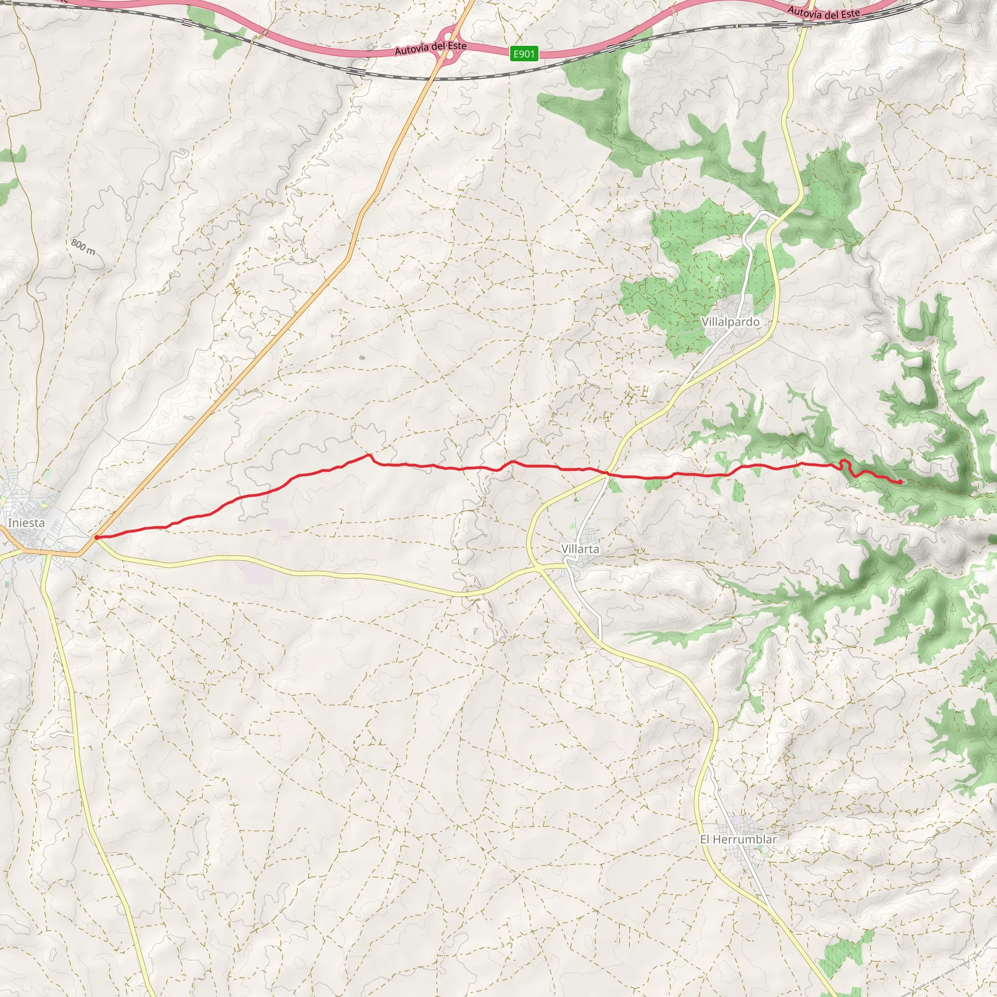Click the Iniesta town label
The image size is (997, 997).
pyautogui.click(x=26, y=523)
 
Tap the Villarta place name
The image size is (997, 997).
pyautogui.click(x=580, y=549)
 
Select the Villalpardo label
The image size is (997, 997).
pyautogui.click(x=730, y=322)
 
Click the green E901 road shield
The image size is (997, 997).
pyautogui.click(x=524, y=54)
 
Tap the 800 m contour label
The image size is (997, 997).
pyautogui.click(x=83, y=247)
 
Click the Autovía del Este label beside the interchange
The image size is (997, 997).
pyautogui.click(x=430, y=48)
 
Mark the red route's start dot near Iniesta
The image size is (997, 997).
pyautogui.click(x=96, y=538)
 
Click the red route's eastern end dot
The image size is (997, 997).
pyautogui.click(x=901, y=482)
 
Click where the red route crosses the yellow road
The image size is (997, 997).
pyautogui.click(x=607, y=473)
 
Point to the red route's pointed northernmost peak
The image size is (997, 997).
pyautogui.click(x=369, y=455)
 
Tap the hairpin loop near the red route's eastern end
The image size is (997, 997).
pyautogui.click(x=844, y=463)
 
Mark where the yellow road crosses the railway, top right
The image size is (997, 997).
pyautogui.click(x=806, y=24)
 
